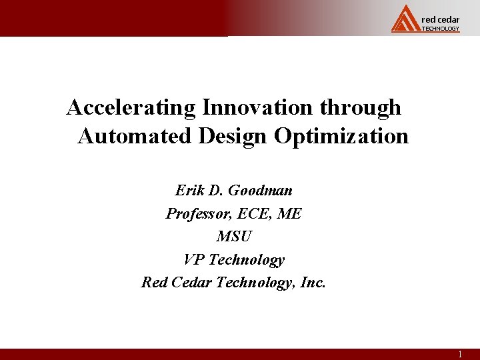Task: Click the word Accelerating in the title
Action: point(131,107)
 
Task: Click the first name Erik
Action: point(189,191)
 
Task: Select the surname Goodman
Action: point(260,191)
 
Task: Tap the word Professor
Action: point(197,214)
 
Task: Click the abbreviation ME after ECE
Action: point(291,214)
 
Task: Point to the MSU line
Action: point(234,237)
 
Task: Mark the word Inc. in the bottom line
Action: point(313,283)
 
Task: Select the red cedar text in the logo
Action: point(441,19)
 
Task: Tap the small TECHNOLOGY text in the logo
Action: point(441,29)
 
